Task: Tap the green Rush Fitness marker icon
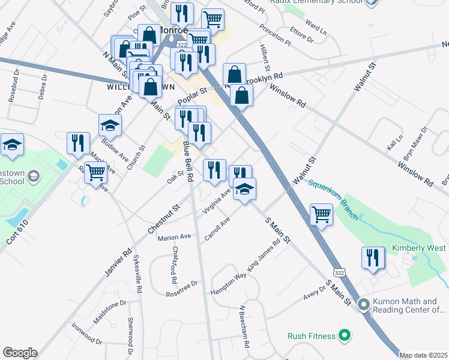pos(344,335)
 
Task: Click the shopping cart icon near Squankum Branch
pos(322,214)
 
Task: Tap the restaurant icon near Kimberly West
pos(373,258)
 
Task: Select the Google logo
pos(20,353)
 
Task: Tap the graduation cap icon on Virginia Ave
pos(244,190)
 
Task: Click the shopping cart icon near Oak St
pos(95,173)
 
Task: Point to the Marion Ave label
pos(174,238)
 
